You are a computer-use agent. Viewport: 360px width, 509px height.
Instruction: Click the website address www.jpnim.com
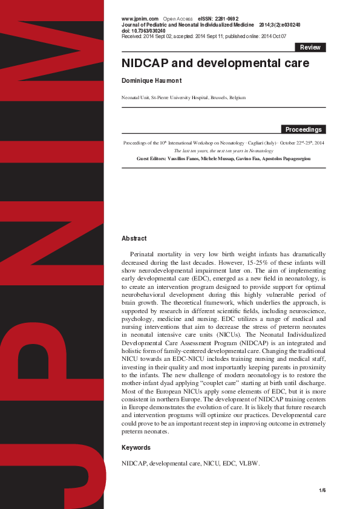[x=140, y=19]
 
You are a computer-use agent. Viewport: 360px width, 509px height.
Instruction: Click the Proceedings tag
[x=304, y=129]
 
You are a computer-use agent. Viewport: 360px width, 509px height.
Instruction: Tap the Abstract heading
[x=134, y=239]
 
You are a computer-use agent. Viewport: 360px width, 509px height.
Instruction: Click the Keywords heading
[x=136, y=447]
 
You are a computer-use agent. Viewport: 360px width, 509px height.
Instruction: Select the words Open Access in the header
[x=178, y=19]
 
